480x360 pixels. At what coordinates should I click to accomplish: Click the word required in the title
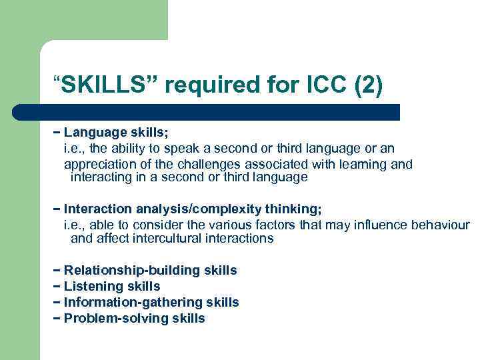click(213, 85)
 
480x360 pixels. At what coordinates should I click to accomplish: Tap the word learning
click(365, 164)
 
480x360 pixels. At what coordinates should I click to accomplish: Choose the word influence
click(376, 225)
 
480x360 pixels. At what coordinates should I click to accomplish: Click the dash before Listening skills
click(57, 287)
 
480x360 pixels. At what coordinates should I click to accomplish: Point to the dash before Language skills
click(57, 132)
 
